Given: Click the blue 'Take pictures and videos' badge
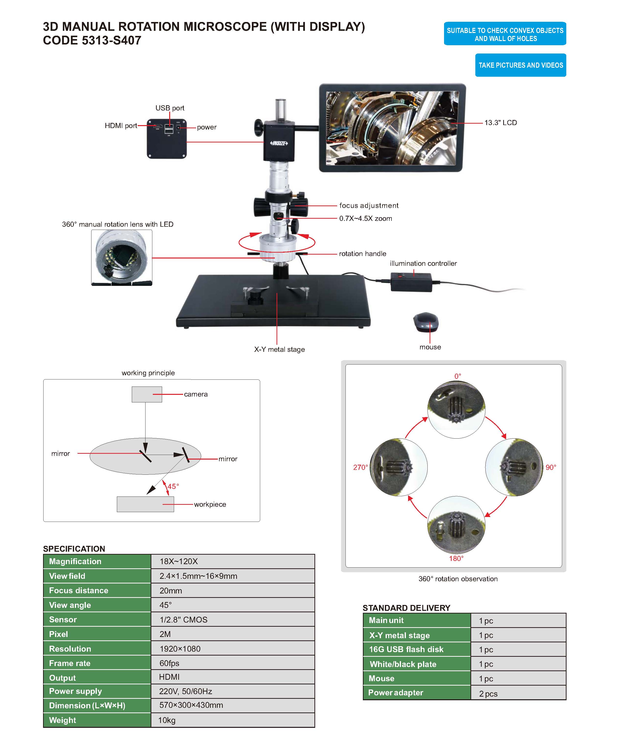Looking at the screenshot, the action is tap(520, 65).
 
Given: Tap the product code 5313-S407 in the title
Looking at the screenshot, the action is tap(111, 40).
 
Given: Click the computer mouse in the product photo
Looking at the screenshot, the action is tap(426, 322).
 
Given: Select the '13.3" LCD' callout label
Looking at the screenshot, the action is tap(501, 122).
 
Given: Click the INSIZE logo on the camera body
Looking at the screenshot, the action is tap(279, 143).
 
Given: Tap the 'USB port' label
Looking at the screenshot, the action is tap(170, 108).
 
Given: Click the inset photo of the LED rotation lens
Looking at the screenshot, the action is tap(122, 258).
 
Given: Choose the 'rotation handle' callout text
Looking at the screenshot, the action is tap(362, 253).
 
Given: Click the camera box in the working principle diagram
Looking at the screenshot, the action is tap(147, 394).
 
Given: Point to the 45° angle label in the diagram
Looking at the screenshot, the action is tap(173, 486).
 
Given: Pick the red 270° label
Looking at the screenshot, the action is tap(360, 467).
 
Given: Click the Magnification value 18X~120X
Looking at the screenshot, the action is tap(178, 561).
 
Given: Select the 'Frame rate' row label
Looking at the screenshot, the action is tap(70, 663).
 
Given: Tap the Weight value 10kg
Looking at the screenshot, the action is tap(167, 720).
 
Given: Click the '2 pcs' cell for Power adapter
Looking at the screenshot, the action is tap(488, 693).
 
